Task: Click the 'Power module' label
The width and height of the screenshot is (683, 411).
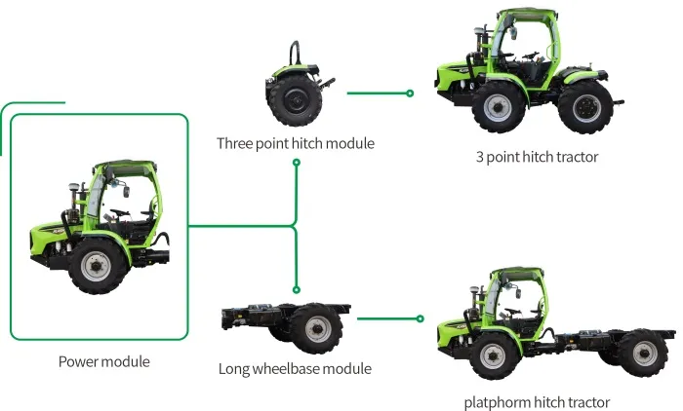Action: [x=104, y=361]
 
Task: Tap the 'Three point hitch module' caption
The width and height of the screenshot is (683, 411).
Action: [x=296, y=143]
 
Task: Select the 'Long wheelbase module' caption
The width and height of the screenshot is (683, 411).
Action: [x=295, y=369]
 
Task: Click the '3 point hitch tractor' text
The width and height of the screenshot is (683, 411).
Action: [x=537, y=157]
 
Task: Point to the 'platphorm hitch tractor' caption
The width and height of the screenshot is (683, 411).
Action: [x=537, y=402]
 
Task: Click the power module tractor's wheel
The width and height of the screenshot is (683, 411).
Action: [x=97, y=266]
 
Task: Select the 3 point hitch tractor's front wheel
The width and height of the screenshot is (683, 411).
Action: [x=499, y=105]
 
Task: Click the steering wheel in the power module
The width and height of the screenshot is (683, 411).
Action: [x=119, y=212]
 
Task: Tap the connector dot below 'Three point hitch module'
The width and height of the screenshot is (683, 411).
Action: [x=296, y=162]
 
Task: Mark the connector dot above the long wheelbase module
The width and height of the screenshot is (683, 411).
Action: [x=296, y=290]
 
